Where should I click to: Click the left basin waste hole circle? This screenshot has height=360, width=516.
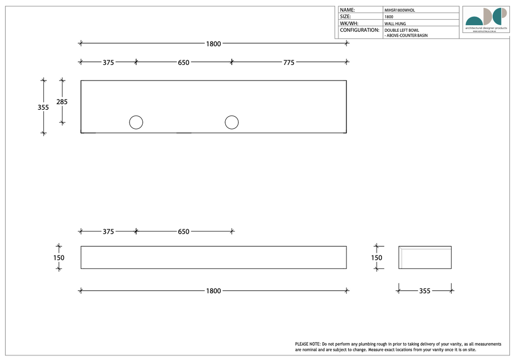pos(136,122)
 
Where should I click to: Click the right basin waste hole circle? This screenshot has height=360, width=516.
pos(232,122)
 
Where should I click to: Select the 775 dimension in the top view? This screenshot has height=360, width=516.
pos(289,62)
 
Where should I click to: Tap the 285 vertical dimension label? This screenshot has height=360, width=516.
pos(62,102)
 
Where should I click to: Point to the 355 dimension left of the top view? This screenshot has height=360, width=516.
pos(43,107)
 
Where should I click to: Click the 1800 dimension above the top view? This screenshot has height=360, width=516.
pos(213,44)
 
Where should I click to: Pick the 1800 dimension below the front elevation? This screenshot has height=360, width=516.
pos(213,291)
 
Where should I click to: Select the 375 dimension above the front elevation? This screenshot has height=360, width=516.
pos(108,232)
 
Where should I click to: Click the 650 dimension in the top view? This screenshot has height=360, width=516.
pos(183,62)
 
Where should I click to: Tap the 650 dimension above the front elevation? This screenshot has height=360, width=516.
pos(183,232)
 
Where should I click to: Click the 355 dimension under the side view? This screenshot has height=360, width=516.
pos(425,291)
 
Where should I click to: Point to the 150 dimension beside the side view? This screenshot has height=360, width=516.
pos(376,258)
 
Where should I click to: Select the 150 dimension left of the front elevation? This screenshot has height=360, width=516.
pos(59,258)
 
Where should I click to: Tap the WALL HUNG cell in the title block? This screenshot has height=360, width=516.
pos(395,24)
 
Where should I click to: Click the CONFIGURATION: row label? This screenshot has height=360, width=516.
pos(360,30)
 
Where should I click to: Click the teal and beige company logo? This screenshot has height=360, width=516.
pos(486,19)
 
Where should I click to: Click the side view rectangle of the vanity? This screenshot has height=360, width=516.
pos(425,258)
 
